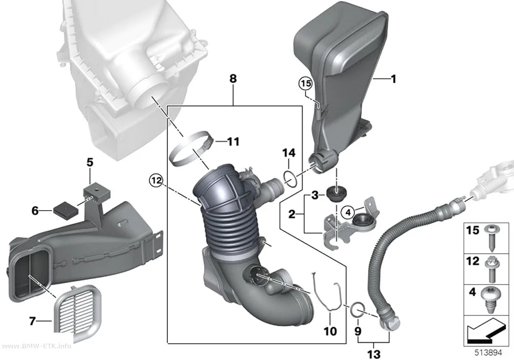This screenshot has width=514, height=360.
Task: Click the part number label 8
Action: point(233,79)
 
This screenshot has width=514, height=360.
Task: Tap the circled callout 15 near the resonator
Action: point(305,84)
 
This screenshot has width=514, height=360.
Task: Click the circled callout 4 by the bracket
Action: point(348,213)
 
